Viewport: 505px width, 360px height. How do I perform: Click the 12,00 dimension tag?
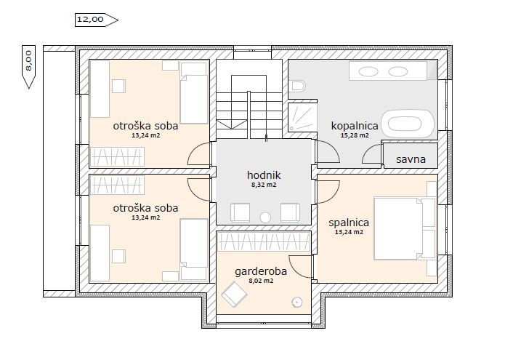97,20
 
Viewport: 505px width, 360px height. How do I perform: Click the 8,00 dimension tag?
28,67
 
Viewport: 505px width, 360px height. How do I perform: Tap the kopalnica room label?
355,126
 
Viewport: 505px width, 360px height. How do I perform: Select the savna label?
411,159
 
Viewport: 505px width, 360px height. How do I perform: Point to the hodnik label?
264,175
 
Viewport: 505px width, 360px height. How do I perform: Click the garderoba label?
261,272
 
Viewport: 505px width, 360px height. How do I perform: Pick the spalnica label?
349,223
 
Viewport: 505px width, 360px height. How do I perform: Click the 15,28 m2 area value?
355,135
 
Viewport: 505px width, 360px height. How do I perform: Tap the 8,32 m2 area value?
264,185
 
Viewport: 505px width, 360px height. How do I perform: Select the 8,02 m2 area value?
261,281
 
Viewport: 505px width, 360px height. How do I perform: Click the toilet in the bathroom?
297,87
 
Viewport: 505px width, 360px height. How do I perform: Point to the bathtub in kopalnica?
408,124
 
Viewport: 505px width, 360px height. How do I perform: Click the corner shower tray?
302,117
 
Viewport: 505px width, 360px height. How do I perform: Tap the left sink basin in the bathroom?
368,71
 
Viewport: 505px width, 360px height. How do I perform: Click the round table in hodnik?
265,218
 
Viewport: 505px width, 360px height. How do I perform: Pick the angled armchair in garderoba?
234,295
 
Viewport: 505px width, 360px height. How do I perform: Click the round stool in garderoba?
296,303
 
